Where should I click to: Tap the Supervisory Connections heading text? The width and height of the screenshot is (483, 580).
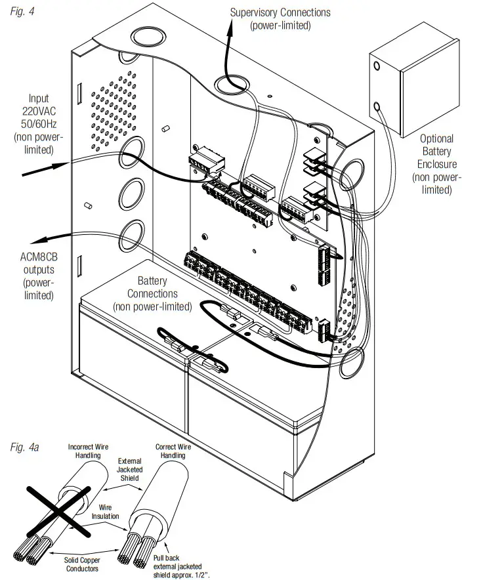tap(280, 12)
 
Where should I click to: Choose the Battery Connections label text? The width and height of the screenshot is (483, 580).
tap(152, 294)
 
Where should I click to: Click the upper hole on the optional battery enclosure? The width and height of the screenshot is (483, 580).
tap(376, 66)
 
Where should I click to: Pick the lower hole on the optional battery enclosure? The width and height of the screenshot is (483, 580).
tap(377, 105)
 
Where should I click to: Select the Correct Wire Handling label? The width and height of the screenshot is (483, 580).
tap(174, 451)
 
